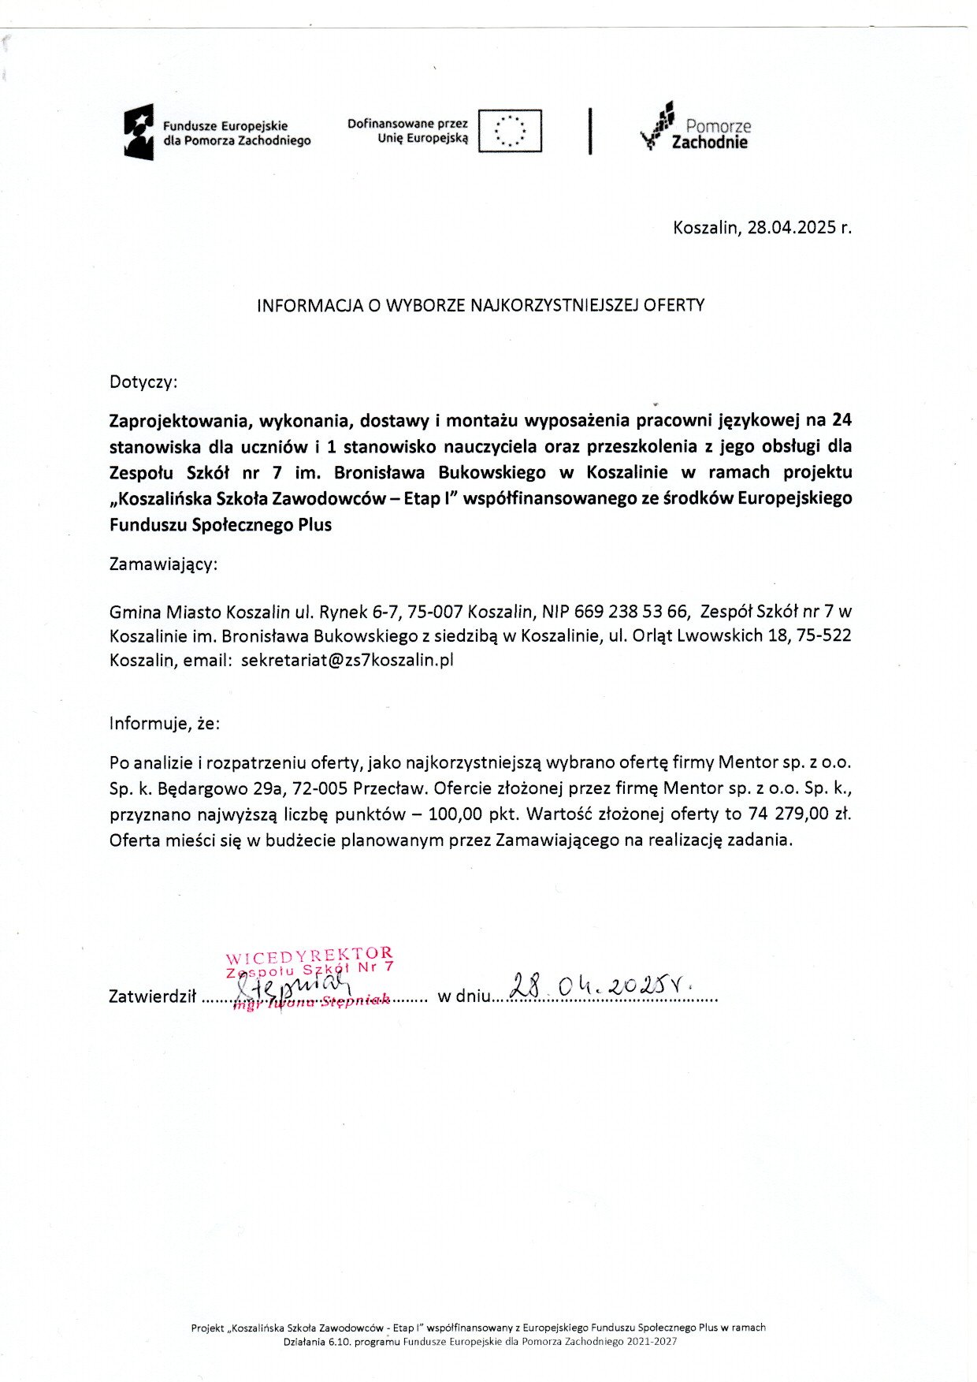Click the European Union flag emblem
[x=510, y=131]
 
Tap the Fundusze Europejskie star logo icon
[x=138, y=132]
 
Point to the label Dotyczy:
[x=143, y=382]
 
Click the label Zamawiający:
[x=163, y=564]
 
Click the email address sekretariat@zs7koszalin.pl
[x=347, y=661]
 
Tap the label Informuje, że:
[x=165, y=724]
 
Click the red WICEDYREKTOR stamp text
[x=309, y=956]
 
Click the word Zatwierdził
[x=152, y=996]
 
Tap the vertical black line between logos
[x=589, y=131]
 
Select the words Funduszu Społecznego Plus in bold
[x=221, y=525]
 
